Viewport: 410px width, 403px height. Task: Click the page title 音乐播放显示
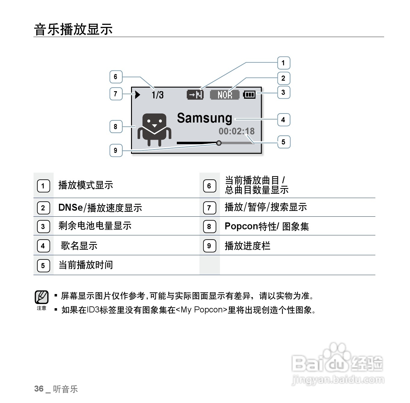73,29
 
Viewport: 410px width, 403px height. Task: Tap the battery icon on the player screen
249,95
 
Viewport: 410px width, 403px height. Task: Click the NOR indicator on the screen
225,95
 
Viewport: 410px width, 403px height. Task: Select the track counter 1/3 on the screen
158,95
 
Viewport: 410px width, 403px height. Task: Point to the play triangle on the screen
138,95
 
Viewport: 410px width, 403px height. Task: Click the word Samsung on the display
205,118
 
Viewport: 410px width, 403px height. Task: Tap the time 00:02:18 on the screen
236,131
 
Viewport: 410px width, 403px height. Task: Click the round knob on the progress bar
219,143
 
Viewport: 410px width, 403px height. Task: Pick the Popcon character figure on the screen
154,129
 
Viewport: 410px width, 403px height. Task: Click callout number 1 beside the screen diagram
283,63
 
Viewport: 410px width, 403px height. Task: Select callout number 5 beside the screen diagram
283,142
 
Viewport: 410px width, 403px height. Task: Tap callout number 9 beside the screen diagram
116,150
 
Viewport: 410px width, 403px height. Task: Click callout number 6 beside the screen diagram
116,77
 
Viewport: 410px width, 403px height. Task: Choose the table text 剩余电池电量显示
95,226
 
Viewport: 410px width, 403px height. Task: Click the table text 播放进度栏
247,246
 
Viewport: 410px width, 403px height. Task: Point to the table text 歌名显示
79,246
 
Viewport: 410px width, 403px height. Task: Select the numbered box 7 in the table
209,208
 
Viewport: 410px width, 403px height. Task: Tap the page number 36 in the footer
39,389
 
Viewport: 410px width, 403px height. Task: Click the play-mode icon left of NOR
195,95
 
